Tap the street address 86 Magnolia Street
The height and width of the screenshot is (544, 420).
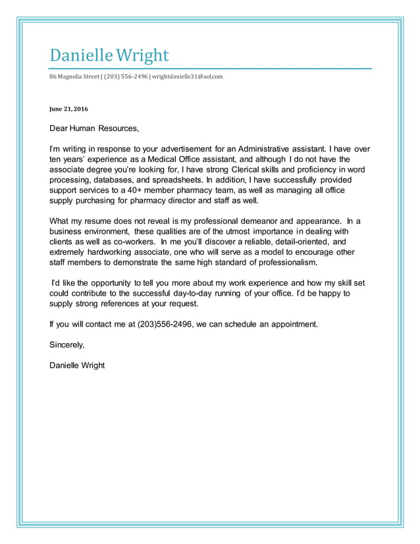(74, 76)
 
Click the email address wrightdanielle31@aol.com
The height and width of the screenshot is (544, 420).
(188, 76)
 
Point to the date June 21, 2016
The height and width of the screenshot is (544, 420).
(68, 109)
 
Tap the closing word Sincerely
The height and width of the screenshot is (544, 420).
(66, 344)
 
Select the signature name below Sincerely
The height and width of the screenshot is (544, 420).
(76, 365)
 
